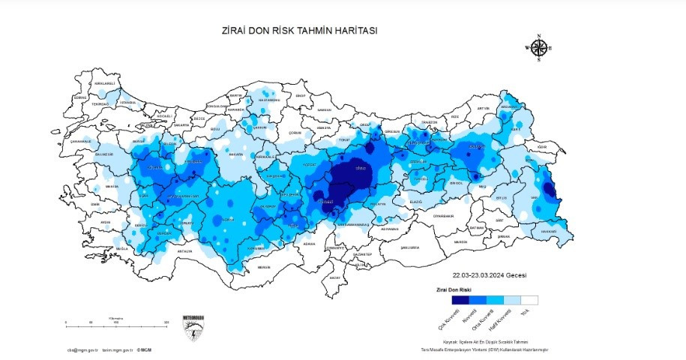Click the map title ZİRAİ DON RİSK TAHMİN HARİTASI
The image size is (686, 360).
(300, 31)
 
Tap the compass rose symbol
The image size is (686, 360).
(538, 47)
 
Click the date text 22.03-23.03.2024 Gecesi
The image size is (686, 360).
(495, 275)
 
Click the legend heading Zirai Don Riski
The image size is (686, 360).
(454, 289)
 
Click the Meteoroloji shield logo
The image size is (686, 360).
(193, 328)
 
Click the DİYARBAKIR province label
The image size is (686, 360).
(443, 215)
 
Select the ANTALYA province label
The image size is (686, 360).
(184, 251)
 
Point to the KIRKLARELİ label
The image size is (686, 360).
(104, 83)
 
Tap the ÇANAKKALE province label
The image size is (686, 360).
(80, 141)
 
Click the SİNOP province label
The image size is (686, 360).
(301, 97)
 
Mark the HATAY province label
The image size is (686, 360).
(335, 277)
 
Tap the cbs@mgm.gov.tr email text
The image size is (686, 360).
(82, 349)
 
